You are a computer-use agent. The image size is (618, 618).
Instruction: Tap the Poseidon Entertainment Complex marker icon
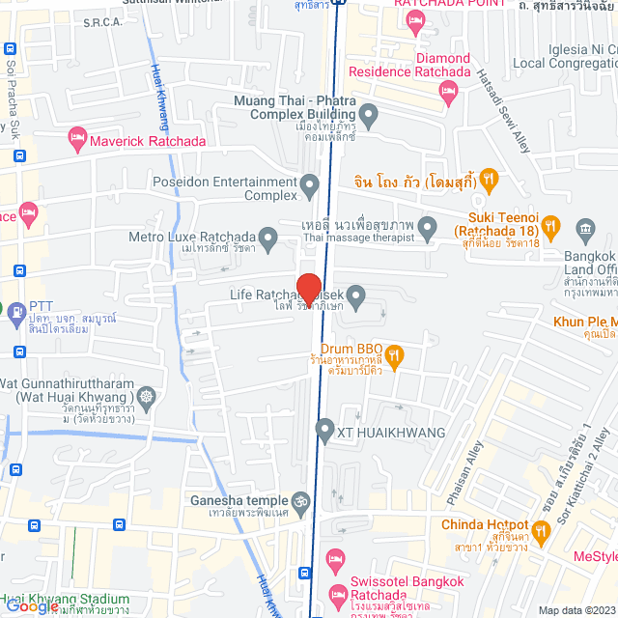tap(309, 183)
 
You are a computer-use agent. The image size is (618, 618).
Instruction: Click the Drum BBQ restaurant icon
tap(395, 354)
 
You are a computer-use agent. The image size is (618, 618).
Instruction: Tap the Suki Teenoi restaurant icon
tap(550, 228)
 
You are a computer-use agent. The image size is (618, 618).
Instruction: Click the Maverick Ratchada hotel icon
tap(77, 141)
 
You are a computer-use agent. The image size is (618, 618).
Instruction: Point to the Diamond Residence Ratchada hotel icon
tap(447, 92)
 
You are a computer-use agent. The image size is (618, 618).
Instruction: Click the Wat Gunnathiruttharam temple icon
tap(146, 397)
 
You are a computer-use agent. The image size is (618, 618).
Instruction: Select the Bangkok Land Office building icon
tap(585, 229)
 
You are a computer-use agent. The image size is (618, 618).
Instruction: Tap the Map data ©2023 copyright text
tap(576, 610)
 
